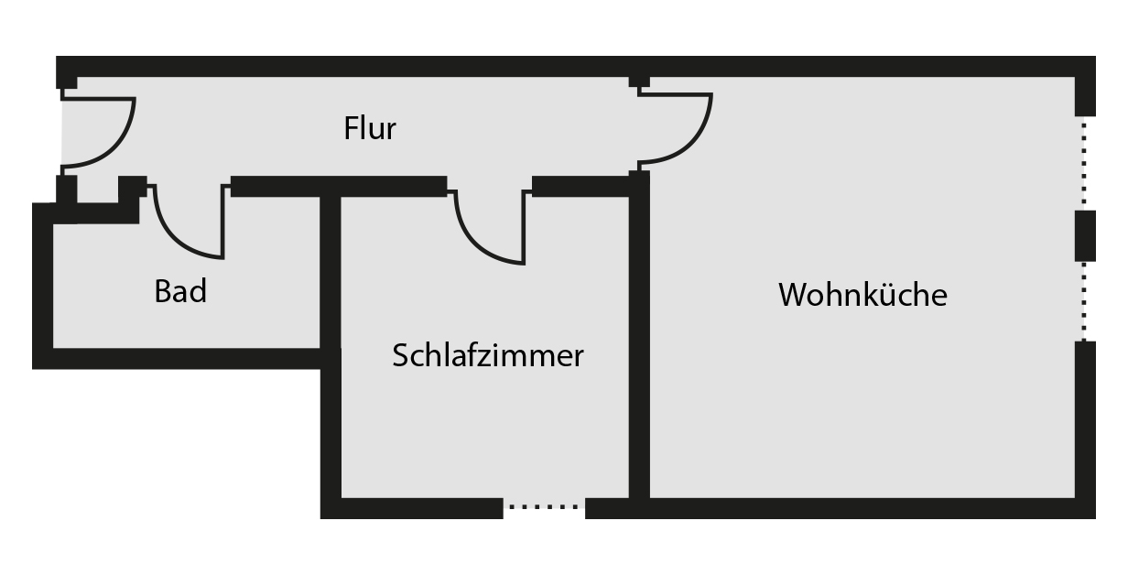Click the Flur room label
pos(370,128)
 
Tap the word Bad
pos(180,292)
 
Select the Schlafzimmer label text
pos(487,355)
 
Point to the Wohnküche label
pos(862,295)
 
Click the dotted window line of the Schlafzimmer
pos(544,505)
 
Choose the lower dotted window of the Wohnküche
pos(1085,302)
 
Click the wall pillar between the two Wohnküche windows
pos(1085,235)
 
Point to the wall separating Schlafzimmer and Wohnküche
pos(639,348)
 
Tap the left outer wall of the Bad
pos(42,284)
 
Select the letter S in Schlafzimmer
pos(400,355)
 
